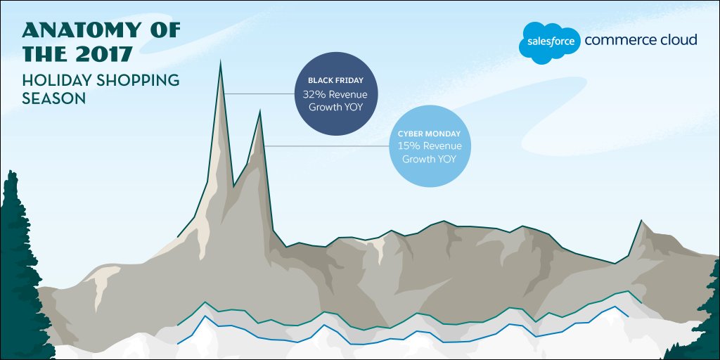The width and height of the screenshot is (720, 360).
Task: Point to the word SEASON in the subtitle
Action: [x=53, y=99]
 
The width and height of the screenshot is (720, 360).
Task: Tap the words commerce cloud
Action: [x=641, y=40]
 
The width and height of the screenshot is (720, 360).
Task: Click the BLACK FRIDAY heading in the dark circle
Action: [x=335, y=81]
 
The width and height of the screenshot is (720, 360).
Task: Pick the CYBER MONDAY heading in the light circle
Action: [x=429, y=134]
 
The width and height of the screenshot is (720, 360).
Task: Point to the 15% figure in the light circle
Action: [x=408, y=146]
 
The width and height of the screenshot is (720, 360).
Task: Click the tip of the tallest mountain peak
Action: [x=221, y=63]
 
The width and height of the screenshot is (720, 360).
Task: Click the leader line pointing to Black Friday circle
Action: [x=260, y=93]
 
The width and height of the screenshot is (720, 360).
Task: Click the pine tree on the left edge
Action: [x=15, y=267]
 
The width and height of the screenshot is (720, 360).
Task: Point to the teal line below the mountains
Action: [x=422, y=315]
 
